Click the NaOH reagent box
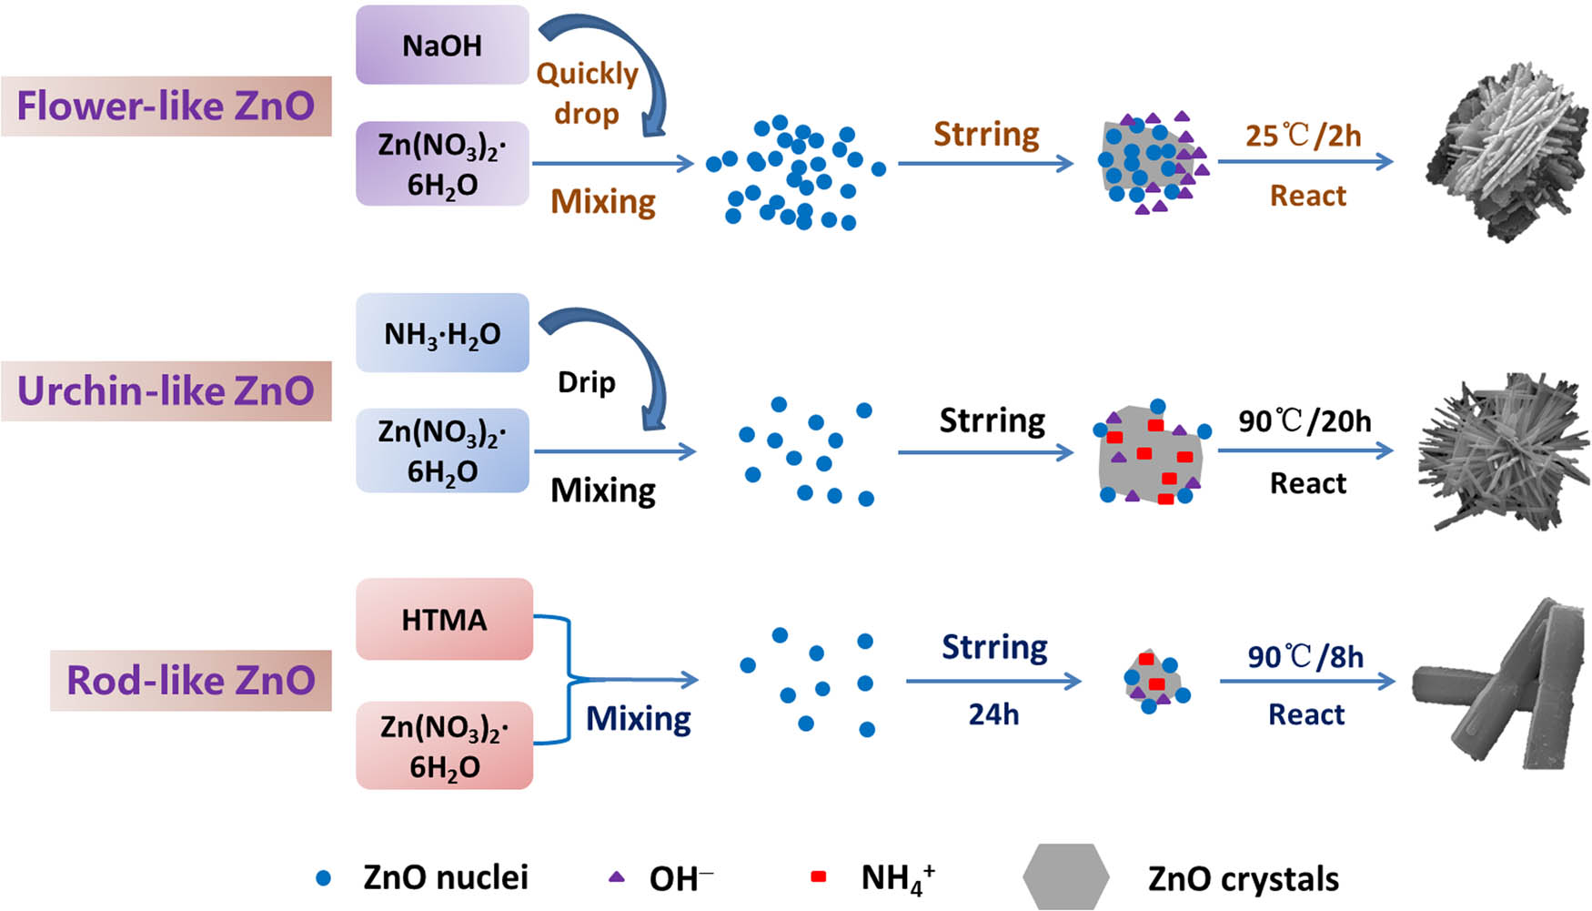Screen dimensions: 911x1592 [x=442, y=46]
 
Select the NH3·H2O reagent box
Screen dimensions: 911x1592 [x=442, y=333]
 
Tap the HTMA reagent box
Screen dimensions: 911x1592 [x=444, y=620]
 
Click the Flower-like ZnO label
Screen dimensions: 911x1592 [x=166, y=106]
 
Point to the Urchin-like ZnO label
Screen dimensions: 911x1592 [x=166, y=391]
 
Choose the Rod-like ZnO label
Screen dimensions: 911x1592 [x=190, y=681]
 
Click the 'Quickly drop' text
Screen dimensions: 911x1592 [x=587, y=93]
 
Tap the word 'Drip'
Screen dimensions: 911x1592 [x=586, y=382]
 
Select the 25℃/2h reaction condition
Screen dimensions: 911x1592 [x=1303, y=137]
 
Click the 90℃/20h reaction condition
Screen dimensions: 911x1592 [x=1305, y=421]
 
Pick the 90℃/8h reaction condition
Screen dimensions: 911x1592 [x=1305, y=657]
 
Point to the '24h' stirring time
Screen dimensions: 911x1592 [x=993, y=715]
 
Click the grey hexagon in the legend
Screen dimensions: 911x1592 [x=1065, y=876]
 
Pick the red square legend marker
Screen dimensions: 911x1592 [x=818, y=876]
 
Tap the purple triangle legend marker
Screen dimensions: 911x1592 [x=617, y=877]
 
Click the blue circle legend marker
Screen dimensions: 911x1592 [x=323, y=878]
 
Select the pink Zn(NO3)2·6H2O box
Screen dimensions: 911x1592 [x=444, y=745]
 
